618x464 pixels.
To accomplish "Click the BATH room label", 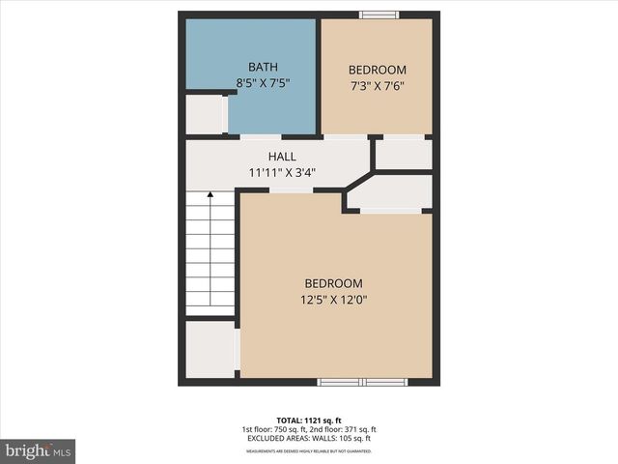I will pos(263,67).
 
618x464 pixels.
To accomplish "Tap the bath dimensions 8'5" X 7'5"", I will pos(263,83).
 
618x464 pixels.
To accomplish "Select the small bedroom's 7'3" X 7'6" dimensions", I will pos(377,85).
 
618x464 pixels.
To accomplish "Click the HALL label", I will pos(282,157).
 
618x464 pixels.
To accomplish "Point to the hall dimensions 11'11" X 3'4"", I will pos(282,173).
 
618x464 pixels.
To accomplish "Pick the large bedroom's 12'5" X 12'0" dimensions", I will pos(333,300).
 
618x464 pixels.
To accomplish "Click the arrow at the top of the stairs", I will pos(211,196).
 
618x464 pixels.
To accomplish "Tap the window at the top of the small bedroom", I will pos(379,14).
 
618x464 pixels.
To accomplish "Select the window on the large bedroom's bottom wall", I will pos(363,382).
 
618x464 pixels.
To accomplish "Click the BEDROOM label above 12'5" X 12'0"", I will pos(333,283).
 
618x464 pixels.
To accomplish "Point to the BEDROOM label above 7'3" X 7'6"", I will pos(377,70).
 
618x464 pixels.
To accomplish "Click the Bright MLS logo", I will pos(38,450).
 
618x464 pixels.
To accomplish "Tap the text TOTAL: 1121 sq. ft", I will pos(309,420).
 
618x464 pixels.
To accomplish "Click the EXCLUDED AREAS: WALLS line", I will pos(309,439).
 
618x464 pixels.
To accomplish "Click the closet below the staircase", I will pos(210,349).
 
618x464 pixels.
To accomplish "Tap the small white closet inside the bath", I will pos(204,114).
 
